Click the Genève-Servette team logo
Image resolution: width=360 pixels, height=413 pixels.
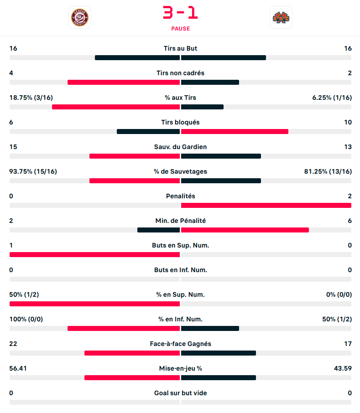[80, 17]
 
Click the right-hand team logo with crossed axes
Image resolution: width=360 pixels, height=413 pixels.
[281, 17]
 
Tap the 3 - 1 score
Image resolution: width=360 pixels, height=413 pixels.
[180, 12]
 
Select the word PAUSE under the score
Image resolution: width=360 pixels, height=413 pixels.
[180, 28]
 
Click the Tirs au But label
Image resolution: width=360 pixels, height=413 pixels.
[180, 48]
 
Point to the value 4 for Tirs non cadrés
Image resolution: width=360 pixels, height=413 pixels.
[11, 73]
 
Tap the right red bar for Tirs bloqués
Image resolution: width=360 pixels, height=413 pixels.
[235, 132]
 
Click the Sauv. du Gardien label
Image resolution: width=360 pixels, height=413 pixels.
[180, 147]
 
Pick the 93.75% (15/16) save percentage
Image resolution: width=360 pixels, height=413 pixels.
[33, 171]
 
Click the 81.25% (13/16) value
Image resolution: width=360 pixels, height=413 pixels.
[328, 171]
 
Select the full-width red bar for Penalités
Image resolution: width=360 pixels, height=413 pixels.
[266, 206]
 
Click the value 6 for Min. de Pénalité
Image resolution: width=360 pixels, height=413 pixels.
[350, 221]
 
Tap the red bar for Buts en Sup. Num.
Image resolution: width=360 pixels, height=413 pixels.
[94, 254]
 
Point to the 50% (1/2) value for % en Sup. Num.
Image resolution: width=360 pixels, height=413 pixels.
[24, 294]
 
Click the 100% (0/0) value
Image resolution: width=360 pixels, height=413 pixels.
[26, 319]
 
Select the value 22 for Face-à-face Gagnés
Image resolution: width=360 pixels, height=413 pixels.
[13, 344]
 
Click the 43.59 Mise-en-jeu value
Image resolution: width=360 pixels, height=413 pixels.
[343, 368]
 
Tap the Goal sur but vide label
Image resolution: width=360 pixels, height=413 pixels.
[180, 393]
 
